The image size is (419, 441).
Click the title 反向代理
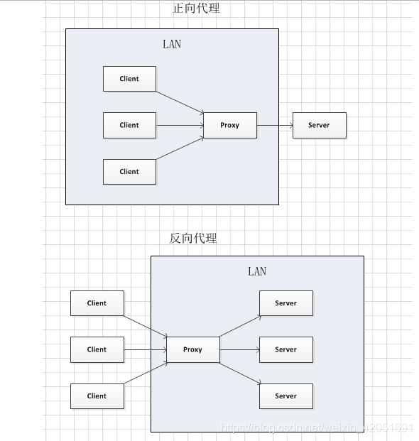click(x=192, y=239)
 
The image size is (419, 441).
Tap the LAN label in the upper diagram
click(x=172, y=44)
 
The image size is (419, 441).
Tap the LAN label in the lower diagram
click(x=257, y=271)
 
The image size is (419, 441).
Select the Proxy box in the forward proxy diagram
click(x=229, y=125)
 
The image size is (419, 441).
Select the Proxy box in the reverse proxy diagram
click(x=192, y=349)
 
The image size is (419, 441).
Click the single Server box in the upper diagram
click(x=319, y=125)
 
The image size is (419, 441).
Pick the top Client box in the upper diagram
click(x=129, y=79)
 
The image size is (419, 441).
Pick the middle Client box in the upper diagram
click(x=129, y=125)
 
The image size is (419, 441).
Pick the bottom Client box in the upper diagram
click(x=129, y=171)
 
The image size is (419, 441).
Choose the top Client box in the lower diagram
click(x=97, y=303)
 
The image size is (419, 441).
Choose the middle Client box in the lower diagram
click(x=97, y=349)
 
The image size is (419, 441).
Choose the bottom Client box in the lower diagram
click(x=97, y=396)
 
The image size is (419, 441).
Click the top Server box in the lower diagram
click(x=285, y=303)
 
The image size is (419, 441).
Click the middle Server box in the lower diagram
click(x=285, y=349)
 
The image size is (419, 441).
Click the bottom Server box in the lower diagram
click(x=285, y=396)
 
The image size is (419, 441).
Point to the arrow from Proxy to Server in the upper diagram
click(x=275, y=126)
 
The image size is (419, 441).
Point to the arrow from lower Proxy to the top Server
click(x=240, y=326)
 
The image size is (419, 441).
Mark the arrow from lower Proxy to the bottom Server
click(x=240, y=374)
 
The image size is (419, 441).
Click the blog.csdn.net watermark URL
click(x=317, y=428)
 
